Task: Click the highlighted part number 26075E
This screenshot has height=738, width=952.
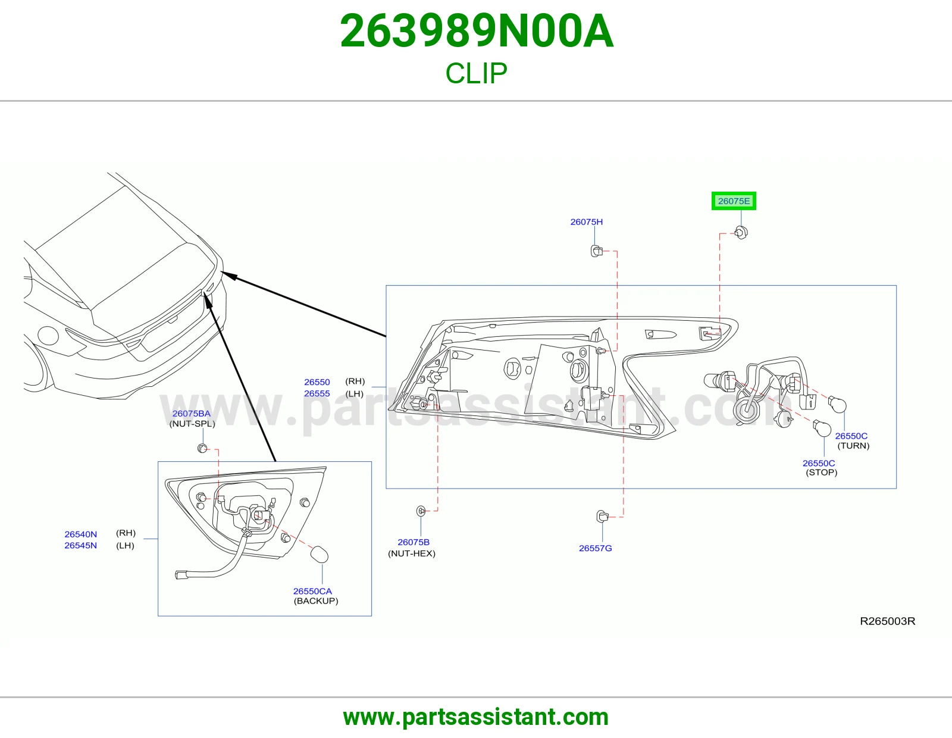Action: coord(734,201)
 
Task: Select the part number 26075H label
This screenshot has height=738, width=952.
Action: coord(586,222)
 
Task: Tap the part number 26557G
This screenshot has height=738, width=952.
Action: coord(596,548)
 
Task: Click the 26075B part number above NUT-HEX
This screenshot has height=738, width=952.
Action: coord(414,542)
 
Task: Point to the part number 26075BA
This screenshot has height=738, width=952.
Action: coord(191,413)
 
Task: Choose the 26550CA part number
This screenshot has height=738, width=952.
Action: coord(312,591)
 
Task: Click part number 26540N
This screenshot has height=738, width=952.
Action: coord(80,534)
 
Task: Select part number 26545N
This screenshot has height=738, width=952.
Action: coord(80,545)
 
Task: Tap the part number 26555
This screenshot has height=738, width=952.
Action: coord(317,393)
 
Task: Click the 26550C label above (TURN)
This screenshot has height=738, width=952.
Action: coord(851,436)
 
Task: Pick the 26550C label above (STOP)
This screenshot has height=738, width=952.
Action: coord(819,463)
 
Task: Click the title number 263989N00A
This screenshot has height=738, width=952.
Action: coord(477,31)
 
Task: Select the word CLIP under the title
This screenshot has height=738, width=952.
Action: coord(476,73)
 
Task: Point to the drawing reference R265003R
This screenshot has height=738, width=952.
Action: coord(888,621)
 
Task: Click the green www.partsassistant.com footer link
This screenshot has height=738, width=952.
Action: coord(476,717)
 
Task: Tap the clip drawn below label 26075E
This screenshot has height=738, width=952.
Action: coord(741,232)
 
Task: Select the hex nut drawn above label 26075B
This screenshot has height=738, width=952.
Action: coord(421,511)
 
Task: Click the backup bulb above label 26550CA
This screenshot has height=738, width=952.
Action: coord(319,554)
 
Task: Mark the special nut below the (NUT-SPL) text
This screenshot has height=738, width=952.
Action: coord(202,448)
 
